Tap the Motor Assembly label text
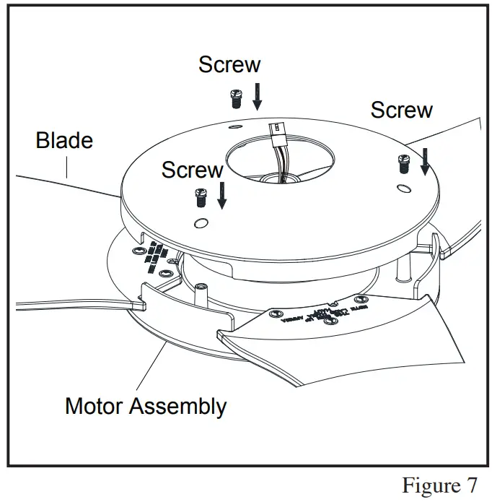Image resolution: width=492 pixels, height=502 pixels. [x=145, y=406]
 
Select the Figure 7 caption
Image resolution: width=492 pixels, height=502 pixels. [x=439, y=484]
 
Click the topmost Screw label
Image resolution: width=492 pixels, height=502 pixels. [x=229, y=64]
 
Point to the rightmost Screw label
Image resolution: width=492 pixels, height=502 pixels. [x=401, y=110]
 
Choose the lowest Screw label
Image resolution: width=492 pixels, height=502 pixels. [x=192, y=170]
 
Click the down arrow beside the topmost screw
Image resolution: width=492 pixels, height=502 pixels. [x=258, y=96]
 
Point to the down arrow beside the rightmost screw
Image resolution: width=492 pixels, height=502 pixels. [x=425, y=160]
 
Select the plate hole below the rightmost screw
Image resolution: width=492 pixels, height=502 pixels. [x=403, y=189]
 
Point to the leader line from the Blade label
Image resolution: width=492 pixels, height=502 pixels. [x=66, y=168]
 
